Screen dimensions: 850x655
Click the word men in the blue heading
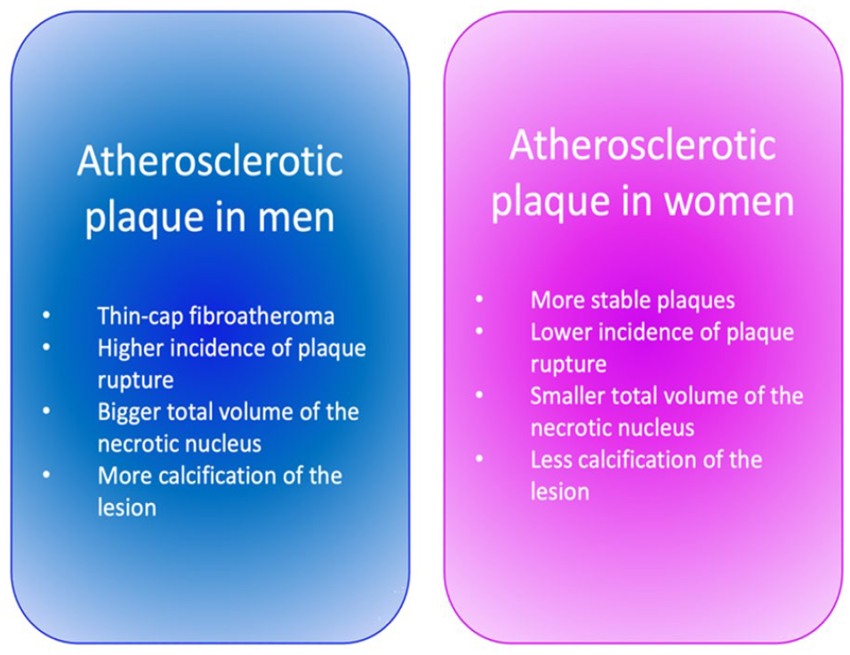click(x=295, y=217)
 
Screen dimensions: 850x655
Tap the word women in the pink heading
click(x=729, y=201)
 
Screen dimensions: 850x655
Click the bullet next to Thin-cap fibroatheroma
click(x=46, y=315)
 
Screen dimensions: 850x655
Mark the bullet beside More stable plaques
click(x=479, y=299)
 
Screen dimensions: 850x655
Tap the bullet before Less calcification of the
click(x=479, y=459)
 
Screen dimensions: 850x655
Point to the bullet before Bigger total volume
click(x=46, y=411)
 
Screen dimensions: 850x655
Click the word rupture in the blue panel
click(x=135, y=381)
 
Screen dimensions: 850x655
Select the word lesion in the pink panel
click(x=560, y=492)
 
